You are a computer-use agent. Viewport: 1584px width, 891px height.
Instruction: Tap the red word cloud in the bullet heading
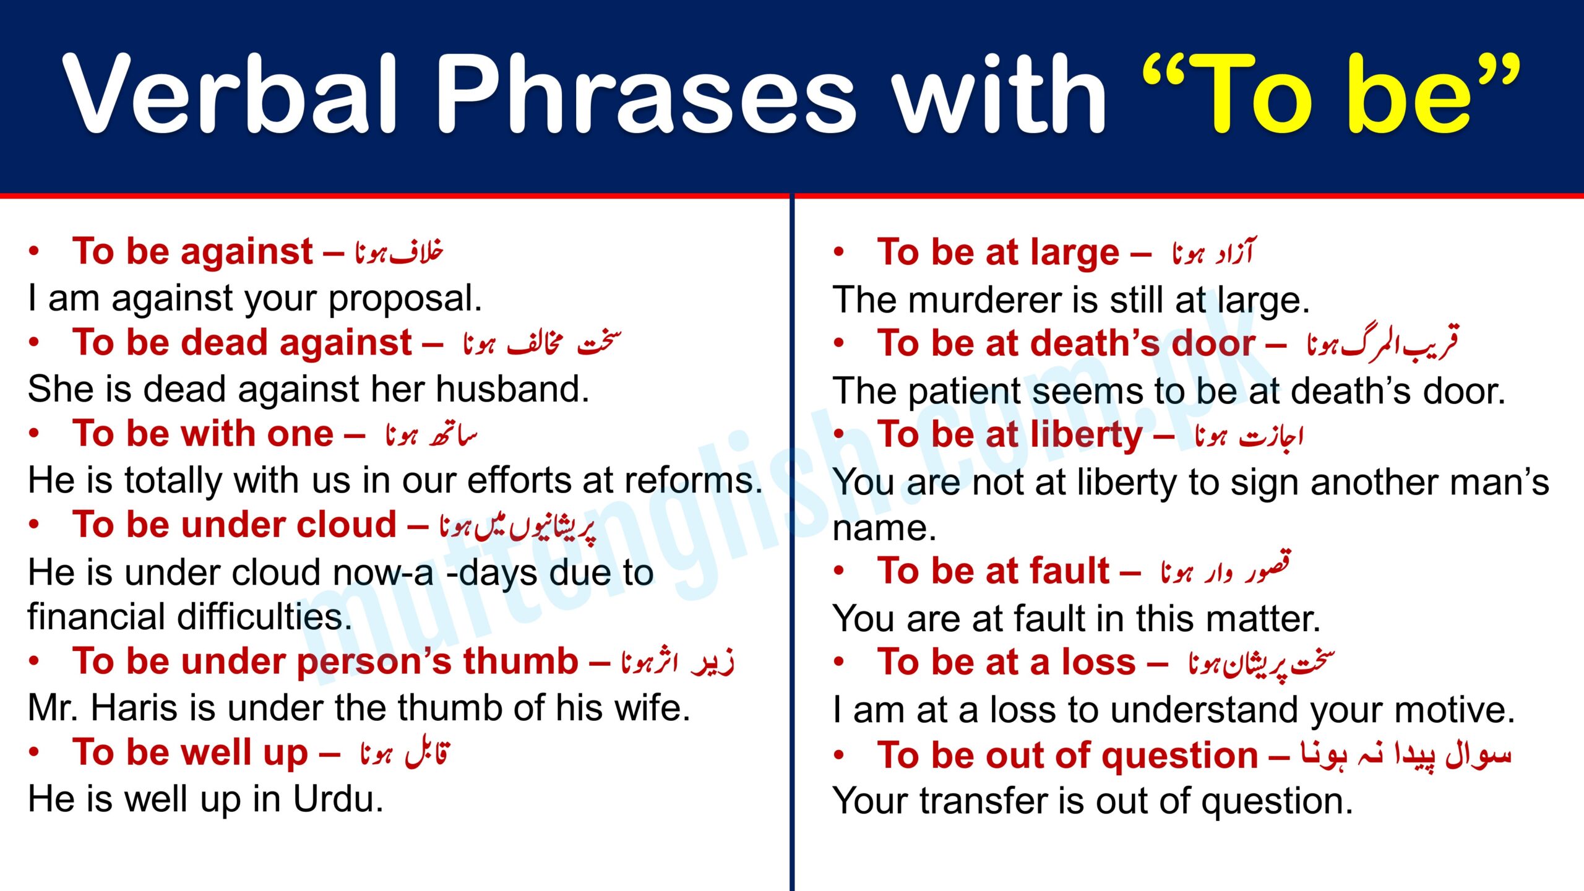point(346,525)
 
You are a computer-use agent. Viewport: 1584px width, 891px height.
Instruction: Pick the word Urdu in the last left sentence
point(337,799)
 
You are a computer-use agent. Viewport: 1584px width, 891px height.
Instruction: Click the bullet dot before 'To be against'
point(34,252)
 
